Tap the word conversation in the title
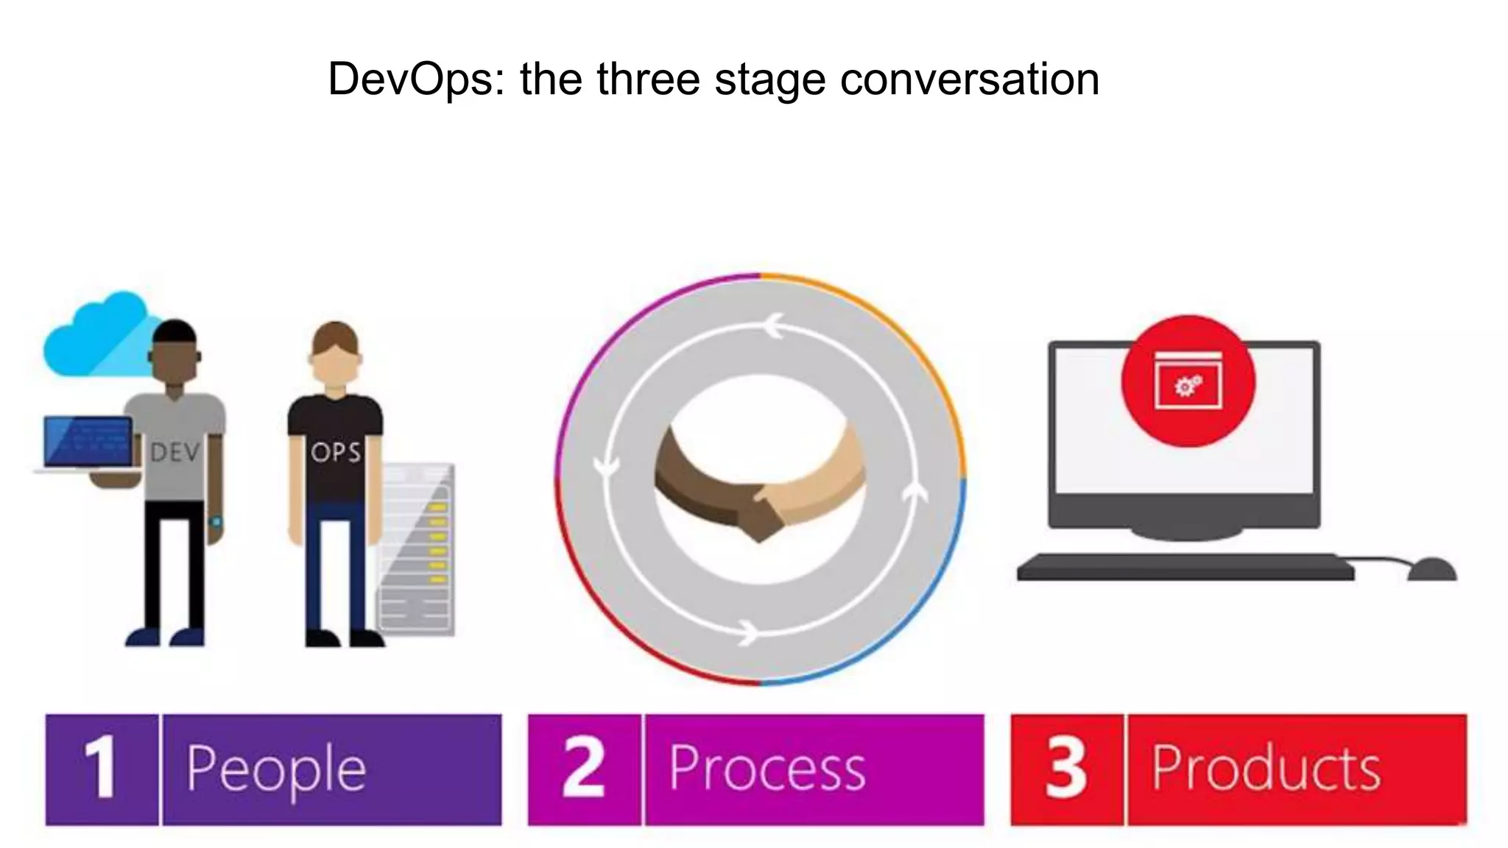tap(970, 79)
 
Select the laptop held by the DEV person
tap(88, 443)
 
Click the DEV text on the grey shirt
tap(175, 452)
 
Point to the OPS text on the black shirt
tap(336, 452)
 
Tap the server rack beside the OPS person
tap(416, 548)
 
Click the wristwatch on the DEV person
tap(216, 522)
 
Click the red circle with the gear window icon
tap(1187, 381)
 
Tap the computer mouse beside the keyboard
tap(1431, 570)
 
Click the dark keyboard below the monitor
tap(1185, 568)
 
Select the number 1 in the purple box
tap(101, 768)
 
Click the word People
tap(276, 770)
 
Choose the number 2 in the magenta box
tap(584, 768)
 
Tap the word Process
tap(767, 768)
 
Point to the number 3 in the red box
tap(1066, 768)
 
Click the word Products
tap(1266, 768)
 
